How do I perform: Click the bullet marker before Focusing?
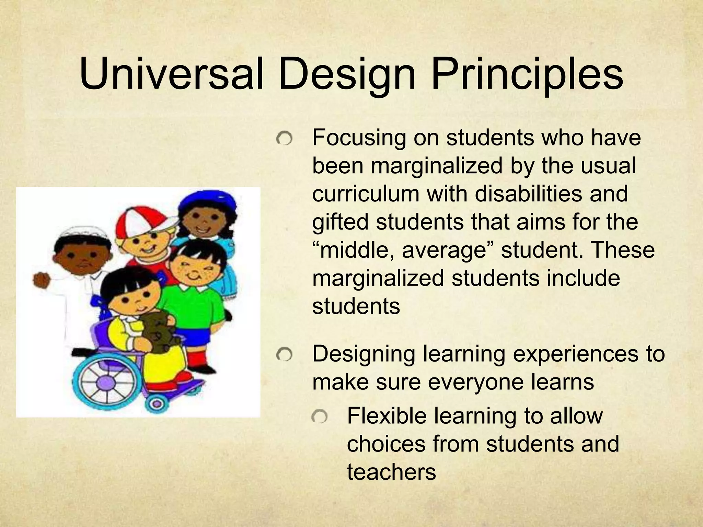click(x=285, y=139)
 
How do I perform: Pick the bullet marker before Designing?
click(x=285, y=355)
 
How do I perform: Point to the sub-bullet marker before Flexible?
click(x=319, y=417)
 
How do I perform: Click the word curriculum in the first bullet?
click(x=365, y=194)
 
